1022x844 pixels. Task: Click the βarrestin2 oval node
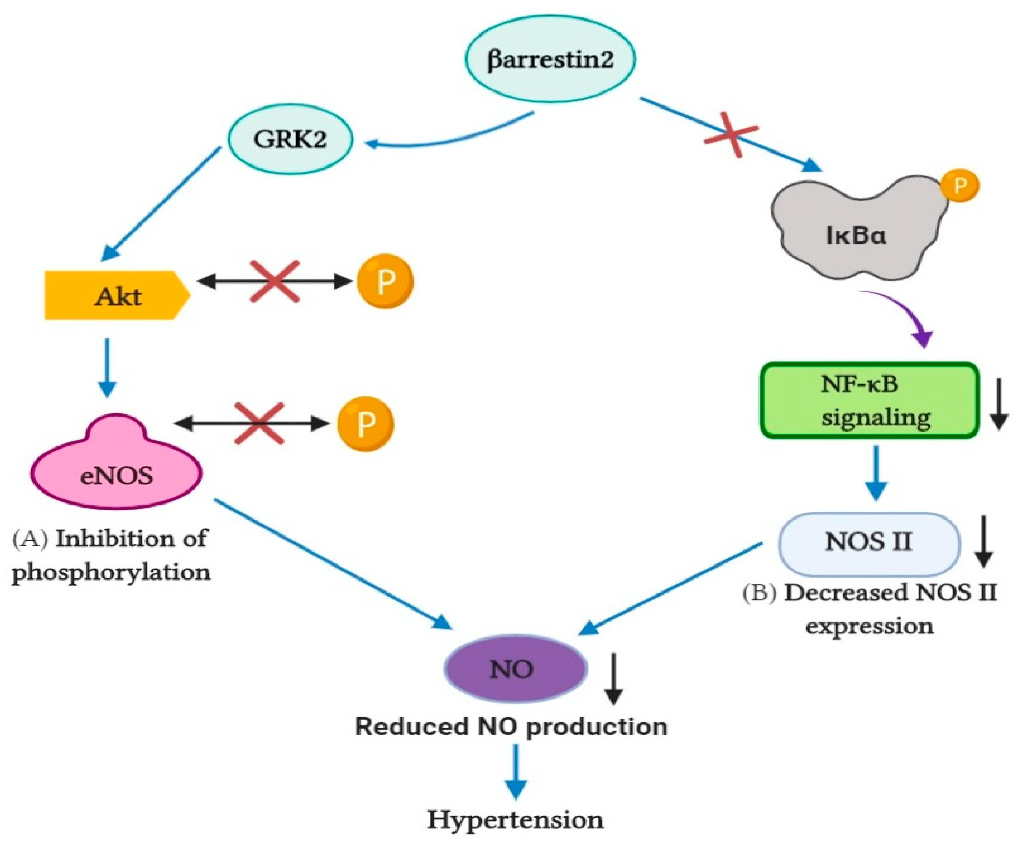[550, 59]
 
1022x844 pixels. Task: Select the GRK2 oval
[290, 139]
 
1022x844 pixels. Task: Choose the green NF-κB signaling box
[869, 400]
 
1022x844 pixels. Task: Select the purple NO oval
[516, 669]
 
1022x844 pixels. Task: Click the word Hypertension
[515, 819]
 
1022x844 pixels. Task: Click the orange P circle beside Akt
[385, 281]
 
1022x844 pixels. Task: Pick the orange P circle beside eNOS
[366, 424]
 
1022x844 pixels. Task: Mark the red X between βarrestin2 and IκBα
[731, 135]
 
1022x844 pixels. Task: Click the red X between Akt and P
[274, 281]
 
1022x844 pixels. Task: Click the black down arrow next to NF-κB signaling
[999, 403]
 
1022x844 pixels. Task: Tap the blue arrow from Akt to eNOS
[107, 367]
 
